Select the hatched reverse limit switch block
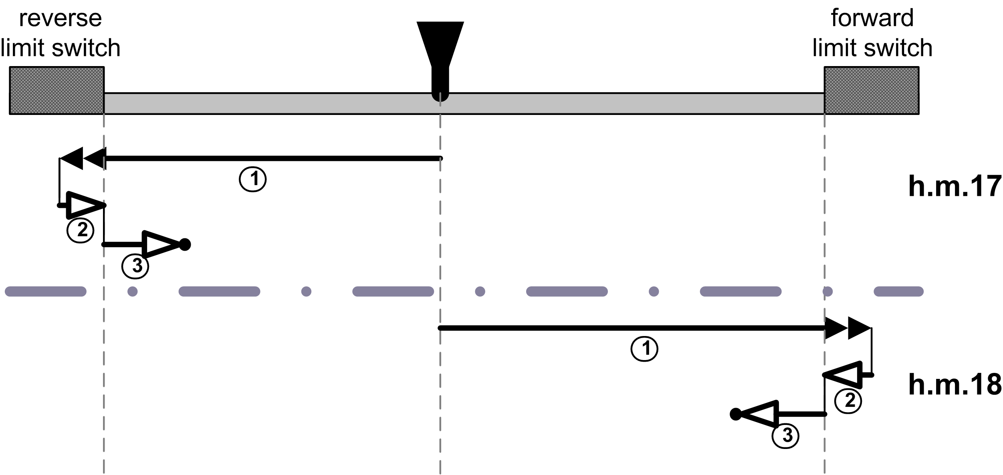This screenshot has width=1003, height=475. (57, 91)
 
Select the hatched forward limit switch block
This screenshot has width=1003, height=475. (871, 91)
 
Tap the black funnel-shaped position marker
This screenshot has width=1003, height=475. (440, 56)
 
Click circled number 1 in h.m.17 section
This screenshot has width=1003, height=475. (252, 179)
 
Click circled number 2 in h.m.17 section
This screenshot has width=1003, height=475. (80, 230)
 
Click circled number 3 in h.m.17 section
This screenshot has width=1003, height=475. (135, 266)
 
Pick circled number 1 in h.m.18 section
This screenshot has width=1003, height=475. (644, 348)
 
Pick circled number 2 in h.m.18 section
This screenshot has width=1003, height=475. (848, 400)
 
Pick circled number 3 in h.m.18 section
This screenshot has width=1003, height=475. (785, 435)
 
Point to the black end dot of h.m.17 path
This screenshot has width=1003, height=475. (185, 244)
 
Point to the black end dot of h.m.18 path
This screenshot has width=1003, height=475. (736, 414)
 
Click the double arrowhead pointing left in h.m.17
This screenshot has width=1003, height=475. (83, 158)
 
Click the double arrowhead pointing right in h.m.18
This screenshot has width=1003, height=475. (847, 328)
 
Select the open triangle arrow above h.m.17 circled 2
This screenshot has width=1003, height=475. (83, 205)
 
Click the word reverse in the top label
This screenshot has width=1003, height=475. (61, 18)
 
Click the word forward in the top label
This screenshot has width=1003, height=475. (872, 18)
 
